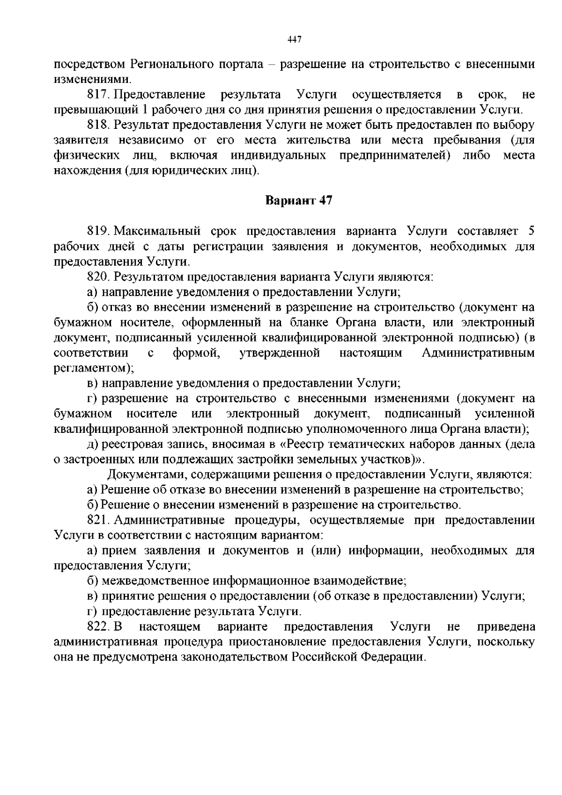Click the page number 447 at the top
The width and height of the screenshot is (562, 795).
tap(294, 39)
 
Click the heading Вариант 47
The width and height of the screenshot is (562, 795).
tap(299, 201)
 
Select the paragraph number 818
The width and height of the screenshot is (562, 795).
tap(97, 125)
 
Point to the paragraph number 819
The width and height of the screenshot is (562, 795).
tap(97, 231)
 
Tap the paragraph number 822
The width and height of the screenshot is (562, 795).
tap(97, 626)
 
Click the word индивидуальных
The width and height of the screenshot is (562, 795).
tap(278, 156)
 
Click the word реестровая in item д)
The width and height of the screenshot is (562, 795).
tap(129, 444)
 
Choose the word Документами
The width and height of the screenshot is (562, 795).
tap(141, 475)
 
